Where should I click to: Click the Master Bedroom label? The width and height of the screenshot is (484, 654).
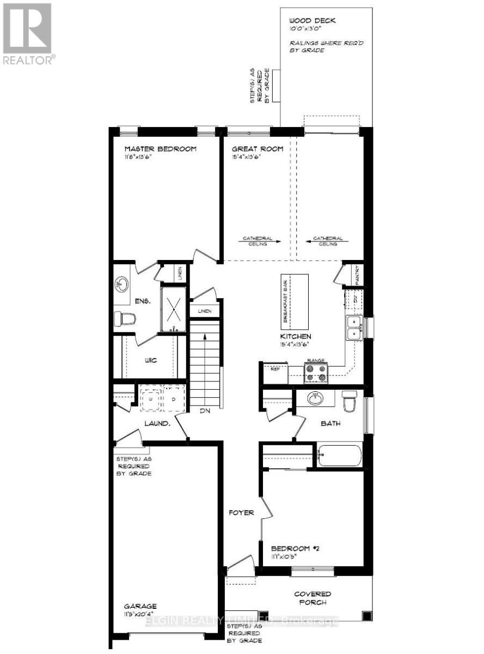(x=160, y=149)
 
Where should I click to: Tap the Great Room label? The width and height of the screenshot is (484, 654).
(x=258, y=149)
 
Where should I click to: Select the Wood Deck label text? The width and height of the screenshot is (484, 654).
(x=313, y=21)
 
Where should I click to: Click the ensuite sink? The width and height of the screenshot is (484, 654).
(x=122, y=284)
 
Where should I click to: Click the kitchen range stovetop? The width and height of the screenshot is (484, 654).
(x=316, y=372)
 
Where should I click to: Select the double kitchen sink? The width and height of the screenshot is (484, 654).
(x=354, y=328)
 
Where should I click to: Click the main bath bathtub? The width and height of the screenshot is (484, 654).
(x=339, y=456)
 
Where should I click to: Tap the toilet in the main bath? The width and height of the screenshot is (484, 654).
(x=349, y=401)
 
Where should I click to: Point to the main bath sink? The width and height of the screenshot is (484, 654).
(x=315, y=398)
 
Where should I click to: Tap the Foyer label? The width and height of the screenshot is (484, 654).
(x=241, y=513)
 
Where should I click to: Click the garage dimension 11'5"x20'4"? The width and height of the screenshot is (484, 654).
(x=140, y=614)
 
